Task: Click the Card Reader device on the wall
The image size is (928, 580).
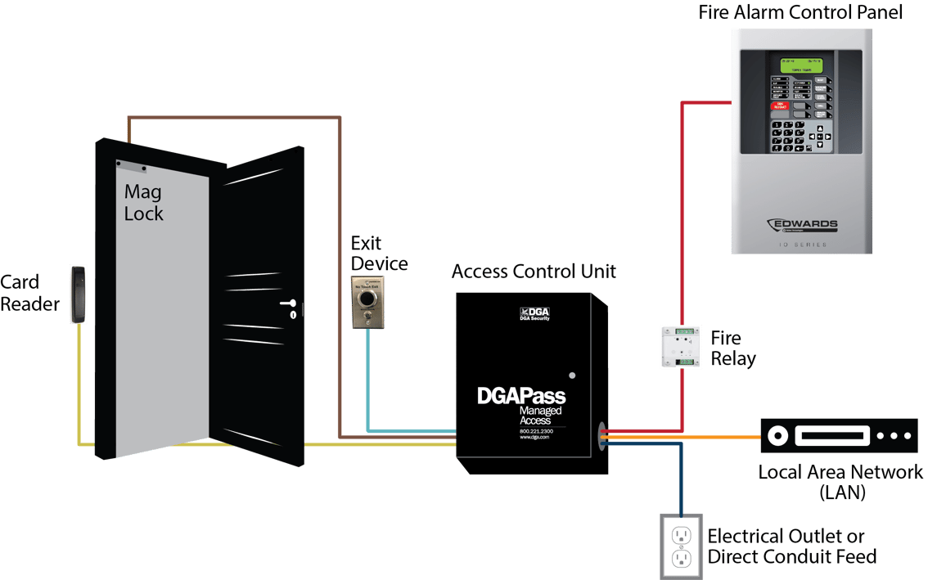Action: [x=79, y=294]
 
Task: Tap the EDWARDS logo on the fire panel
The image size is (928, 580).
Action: [x=802, y=224]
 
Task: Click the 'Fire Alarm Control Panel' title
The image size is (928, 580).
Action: [x=800, y=12]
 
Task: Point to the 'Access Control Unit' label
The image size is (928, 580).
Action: [x=534, y=272]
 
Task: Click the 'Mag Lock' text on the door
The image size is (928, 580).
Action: [x=143, y=203]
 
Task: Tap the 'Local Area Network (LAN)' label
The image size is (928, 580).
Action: [x=840, y=482]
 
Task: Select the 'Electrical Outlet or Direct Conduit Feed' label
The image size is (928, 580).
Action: [x=791, y=546]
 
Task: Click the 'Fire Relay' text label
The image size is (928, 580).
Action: [x=732, y=348]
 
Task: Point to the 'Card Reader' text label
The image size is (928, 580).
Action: [x=30, y=293]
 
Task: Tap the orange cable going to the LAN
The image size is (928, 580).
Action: [x=696, y=438]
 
